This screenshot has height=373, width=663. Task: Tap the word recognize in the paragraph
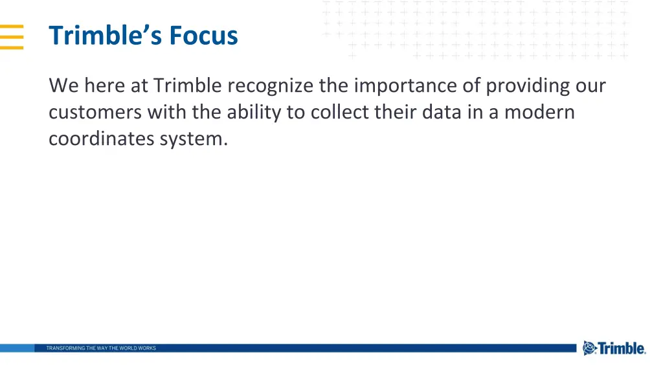click(x=270, y=85)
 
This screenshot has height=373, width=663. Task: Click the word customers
click(x=95, y=112)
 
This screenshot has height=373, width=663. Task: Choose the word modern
click(x=539, y=112)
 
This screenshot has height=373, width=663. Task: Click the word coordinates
click(x=102, y=139)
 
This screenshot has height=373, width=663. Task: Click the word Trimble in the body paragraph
click(x=188, y=85)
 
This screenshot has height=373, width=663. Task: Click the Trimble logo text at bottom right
click(x=622, y=348)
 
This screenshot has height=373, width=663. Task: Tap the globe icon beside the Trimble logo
click(x=589, y=348)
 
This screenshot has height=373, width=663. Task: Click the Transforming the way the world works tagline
click(x=101, y=348)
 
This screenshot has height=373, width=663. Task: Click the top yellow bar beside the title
click(x=12, y=27)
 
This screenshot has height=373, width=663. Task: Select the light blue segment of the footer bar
click(x=17, y=348)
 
